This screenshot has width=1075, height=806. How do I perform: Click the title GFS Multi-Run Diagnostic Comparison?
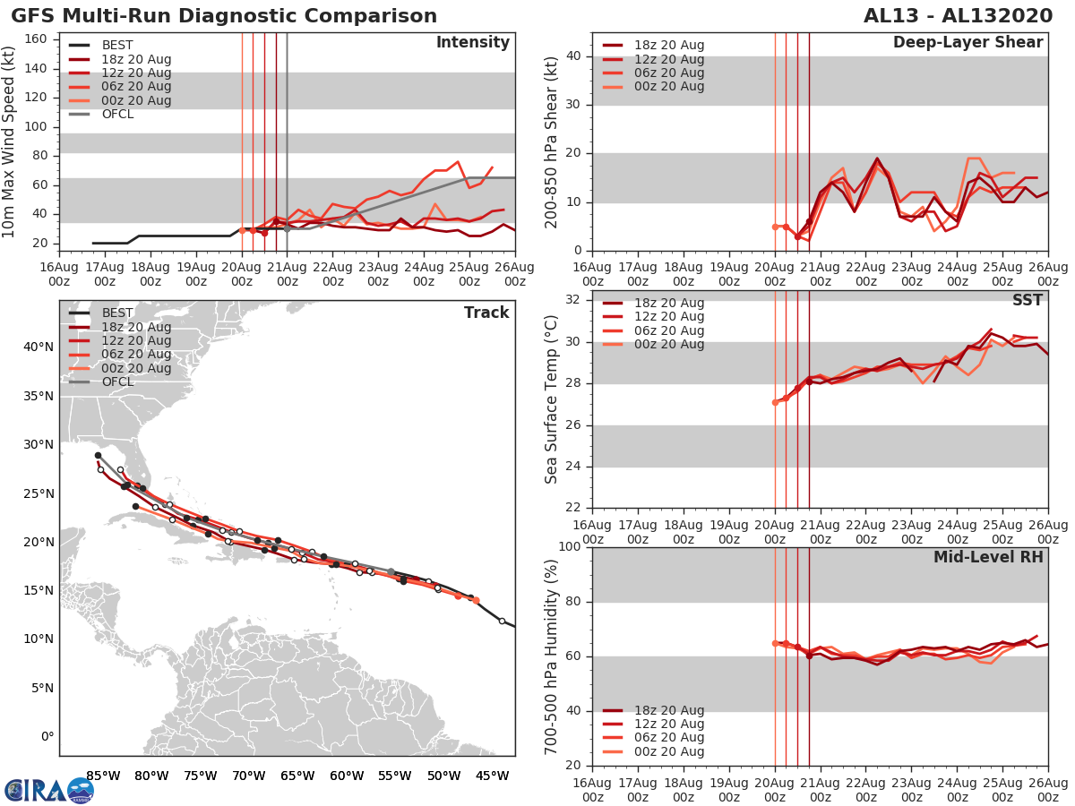pyautogui.click(x=224, y=16)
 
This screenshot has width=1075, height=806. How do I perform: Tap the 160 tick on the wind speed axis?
pyautogui.click(x=37, y=39)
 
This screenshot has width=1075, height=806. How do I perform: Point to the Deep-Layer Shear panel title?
pyautogui.click(x=967, y=43)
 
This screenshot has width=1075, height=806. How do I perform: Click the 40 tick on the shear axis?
pyautogui.click(x=575, y=56)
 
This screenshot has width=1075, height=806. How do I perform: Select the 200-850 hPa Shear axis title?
pyautogui.click(x=552, y=141)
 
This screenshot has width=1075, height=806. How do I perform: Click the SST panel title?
pyautogui.click(x=1028, y=300)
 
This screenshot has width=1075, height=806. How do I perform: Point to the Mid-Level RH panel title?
pyautogui.click(x=988, y=557)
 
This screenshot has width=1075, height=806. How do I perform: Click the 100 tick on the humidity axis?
pyautogui.click(x=571, y=547)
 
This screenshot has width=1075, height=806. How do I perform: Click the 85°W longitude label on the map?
pyautogui.click(x=103, y=776)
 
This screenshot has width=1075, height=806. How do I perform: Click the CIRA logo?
pyautogui.click(x=48, y=790)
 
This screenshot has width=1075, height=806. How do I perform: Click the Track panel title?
pyautogui.click(x=486, y=313)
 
